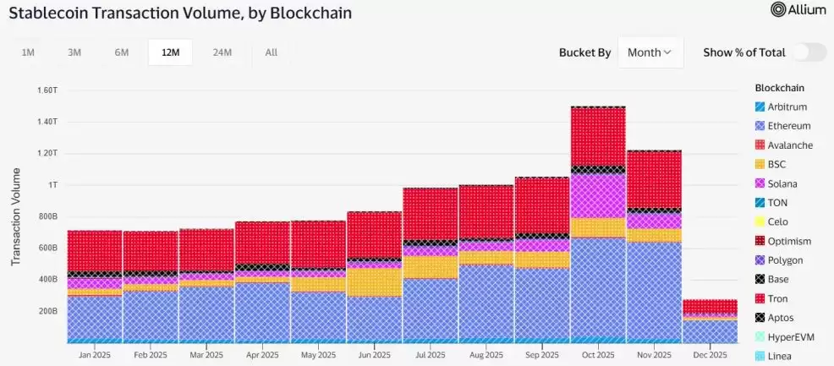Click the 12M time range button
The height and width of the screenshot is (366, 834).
pos(170,52)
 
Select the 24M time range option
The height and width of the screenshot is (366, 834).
pos(222,52)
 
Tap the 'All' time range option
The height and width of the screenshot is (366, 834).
pos(271,52)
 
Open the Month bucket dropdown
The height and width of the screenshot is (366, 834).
pos(650,52)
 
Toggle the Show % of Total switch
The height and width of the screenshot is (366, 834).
pos(809,52)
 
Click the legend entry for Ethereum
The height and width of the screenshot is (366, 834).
pos(788,126)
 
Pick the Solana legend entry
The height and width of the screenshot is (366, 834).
pos(782,183)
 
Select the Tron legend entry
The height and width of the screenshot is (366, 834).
pos(778,298)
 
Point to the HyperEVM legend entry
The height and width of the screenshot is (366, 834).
pos(790,337)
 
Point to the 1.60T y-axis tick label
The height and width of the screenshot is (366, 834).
pos(46,90)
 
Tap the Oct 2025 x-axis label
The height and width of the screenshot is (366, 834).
pos(597,356)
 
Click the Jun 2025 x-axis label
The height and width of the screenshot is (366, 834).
pos(373,356)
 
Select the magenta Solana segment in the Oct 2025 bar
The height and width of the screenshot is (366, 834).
pos(597,196)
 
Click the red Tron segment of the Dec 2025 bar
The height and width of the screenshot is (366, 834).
pos(710,306)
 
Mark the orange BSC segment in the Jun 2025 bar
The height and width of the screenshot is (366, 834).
pos(373,282)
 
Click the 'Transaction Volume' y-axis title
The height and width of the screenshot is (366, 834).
pos(15,216)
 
